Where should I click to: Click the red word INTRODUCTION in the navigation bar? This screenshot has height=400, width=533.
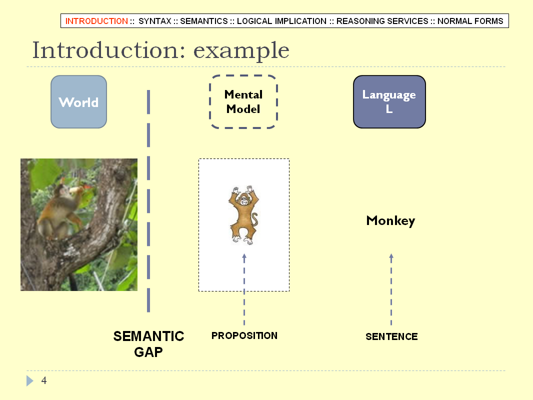[x=96, y=21]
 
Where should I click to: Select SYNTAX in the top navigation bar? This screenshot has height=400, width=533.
[x=155, y=21]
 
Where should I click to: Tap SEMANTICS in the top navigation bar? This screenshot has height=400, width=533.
[x=204, y=21]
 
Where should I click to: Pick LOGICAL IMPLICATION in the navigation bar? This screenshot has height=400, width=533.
[x=282, y=21]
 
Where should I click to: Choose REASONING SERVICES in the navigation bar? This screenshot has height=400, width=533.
[x=382, y=21]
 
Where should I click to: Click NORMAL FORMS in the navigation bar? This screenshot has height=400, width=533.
[x=470, y=21]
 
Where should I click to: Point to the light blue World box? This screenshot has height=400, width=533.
[x=79, y=102]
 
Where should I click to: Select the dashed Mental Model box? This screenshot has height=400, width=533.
[x=243, y=102]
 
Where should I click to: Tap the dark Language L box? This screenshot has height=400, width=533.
[x=389, y=102]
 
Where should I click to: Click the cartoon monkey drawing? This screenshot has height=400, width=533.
[x=243, y=215]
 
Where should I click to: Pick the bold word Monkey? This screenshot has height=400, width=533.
[x=390, y=221]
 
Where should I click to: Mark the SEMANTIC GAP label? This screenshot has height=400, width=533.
[x=148, y=344]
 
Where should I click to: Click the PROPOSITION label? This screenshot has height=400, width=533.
[x=244, y=336]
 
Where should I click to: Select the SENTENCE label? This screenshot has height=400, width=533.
[x=391, y=337]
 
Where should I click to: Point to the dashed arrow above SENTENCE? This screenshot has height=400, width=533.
[x=391, y=289]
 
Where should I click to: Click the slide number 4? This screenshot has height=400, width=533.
[x=44, y=380]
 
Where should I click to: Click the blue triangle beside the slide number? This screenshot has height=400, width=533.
[x=30, y=380]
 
